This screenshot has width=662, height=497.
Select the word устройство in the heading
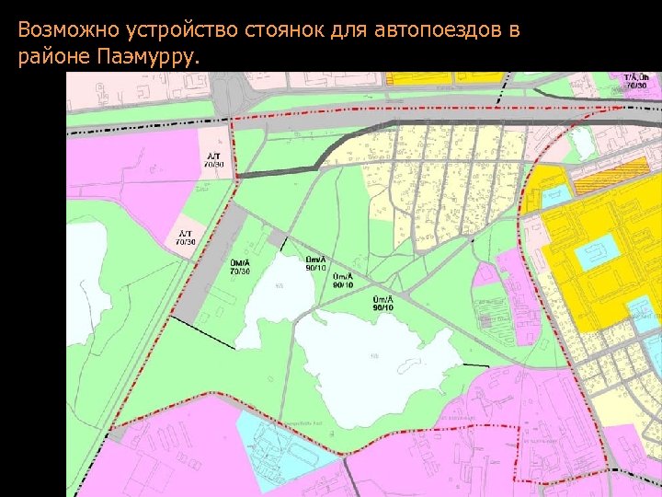[181, 30]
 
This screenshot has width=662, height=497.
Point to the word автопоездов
[438, 29]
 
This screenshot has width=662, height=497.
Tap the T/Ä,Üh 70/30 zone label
[635, 81]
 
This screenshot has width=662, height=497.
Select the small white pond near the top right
[582, 142]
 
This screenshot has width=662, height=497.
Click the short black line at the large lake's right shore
[475, 365]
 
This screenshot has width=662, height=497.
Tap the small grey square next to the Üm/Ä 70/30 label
[275, 241]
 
